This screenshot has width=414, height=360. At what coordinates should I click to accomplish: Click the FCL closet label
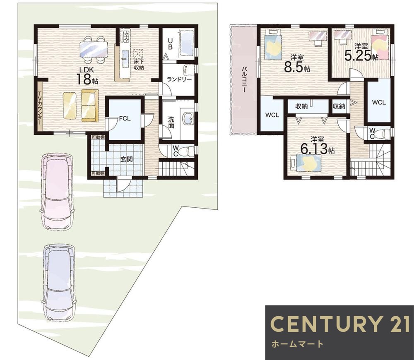(125, 118)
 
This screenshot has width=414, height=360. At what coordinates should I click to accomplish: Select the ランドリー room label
(179, 79)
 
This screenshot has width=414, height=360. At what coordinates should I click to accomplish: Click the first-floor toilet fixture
(187, 151)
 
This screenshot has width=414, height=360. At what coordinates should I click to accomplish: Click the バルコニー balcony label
(244, 79)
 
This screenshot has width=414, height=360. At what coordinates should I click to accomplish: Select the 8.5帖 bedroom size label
(297, 63)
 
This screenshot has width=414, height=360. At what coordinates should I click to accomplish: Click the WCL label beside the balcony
(272, 115)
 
